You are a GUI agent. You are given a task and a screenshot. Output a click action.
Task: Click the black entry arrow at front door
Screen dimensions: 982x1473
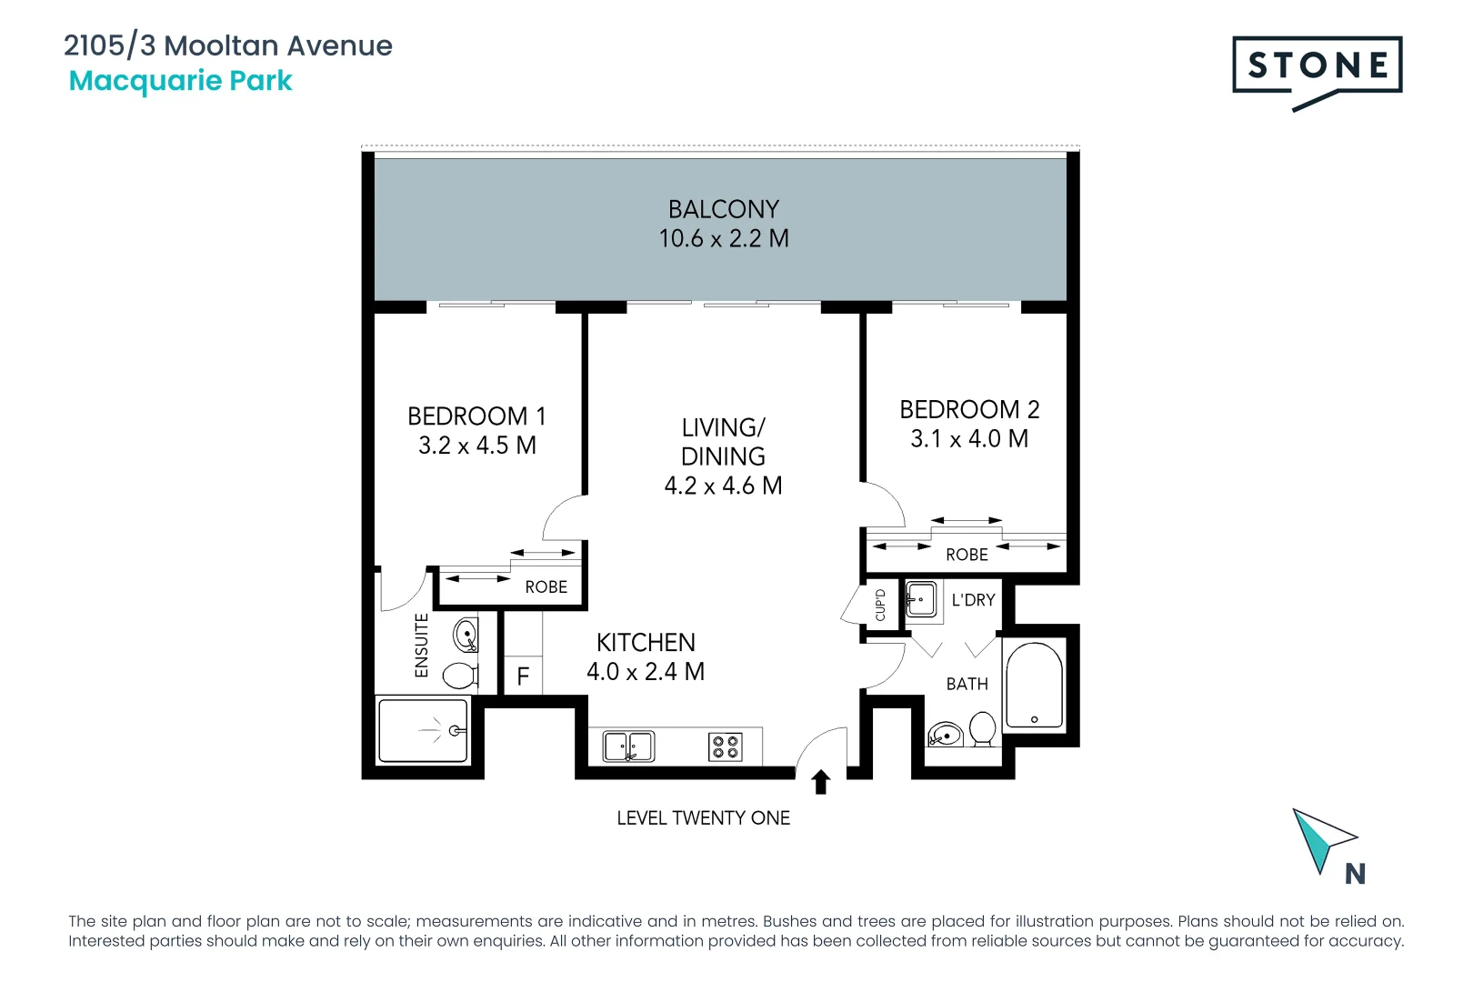(821, 782)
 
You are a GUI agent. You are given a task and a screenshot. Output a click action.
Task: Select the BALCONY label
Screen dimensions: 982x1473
(723, 210)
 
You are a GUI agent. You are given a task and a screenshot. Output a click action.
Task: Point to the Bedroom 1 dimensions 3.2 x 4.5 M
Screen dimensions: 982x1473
(476, 446)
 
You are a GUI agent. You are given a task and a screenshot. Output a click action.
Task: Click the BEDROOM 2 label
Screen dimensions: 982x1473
(969, 410)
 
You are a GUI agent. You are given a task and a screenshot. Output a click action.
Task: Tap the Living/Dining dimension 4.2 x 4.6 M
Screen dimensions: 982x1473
(723, 486)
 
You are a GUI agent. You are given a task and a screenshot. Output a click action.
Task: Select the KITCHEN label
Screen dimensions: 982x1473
(646, 643)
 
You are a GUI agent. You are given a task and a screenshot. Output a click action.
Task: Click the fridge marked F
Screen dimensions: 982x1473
(523, 676)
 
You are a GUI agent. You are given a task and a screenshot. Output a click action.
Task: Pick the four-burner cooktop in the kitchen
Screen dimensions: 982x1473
(725, 747)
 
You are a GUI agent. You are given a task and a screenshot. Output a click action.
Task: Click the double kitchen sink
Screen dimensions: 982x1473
(628, 747)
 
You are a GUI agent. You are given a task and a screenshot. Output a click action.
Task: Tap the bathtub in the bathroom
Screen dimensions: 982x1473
(1034, 686)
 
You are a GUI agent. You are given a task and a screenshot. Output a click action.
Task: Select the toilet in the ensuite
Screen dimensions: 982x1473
(460, 676)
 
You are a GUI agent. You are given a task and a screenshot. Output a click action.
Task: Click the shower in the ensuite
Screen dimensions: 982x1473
(423, 730)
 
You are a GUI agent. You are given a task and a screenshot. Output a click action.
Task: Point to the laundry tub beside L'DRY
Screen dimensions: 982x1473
(921, 600)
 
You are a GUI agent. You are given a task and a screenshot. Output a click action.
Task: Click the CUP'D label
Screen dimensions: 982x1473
(880, 605)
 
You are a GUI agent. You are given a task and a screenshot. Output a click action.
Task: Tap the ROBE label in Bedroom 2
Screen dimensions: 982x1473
(967, 555)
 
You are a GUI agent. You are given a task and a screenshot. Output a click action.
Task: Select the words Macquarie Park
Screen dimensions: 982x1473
(181, 81)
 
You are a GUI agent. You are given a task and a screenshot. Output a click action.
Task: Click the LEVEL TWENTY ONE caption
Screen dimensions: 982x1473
(703, 818)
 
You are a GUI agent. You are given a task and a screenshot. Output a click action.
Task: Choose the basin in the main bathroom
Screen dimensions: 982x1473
(946, 734)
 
